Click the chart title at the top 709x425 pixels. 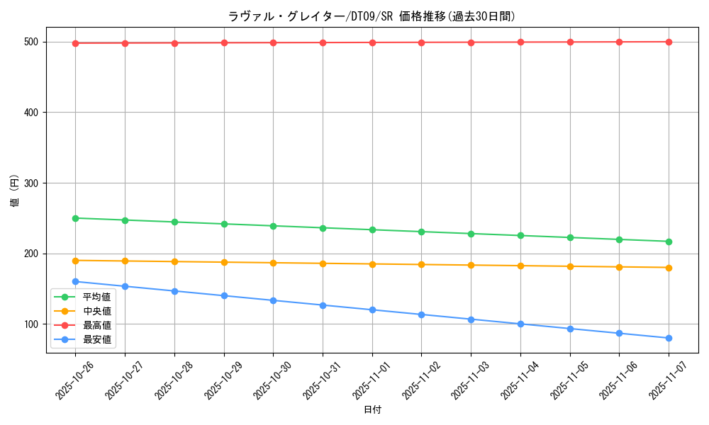click(x=372, y=16)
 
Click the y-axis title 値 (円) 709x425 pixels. click(x=15, y=191)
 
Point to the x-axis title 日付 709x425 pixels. click(x=372, y=410)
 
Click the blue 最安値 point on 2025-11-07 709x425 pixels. click(x=669, y=338)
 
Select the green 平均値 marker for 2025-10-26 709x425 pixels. click(x=75, y=218)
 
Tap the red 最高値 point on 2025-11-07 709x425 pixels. click(x=669, y=42)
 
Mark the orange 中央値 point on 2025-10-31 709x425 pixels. click(x=323, y=263)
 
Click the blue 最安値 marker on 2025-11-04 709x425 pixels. click(x=520, y=324)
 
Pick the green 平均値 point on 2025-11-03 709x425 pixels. click(x=471, y=234)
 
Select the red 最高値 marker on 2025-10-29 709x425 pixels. click(x=224, y=42)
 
